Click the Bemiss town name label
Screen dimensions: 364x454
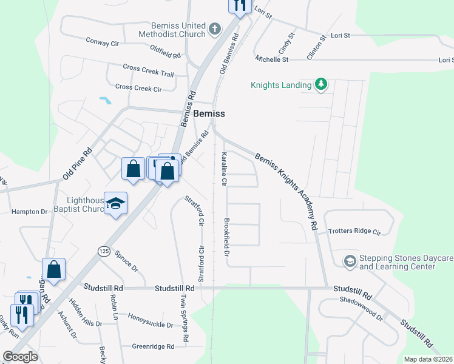click(x=209, y=113)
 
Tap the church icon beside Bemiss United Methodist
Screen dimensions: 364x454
click(x=214, y=29)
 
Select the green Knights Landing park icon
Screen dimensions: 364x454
click(x=321, y=85)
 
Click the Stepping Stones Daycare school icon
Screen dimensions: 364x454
click(x=350, y=261)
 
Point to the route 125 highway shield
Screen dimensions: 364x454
click(x=104, y=250)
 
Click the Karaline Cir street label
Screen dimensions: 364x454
click(x=223, y=169)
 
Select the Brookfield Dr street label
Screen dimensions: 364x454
click(x=226, y=237)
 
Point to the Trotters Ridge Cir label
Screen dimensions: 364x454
click(x=354, y=232)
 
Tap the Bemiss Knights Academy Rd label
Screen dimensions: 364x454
click(x=286, y=190)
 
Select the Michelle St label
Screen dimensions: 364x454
click(x=272, y=59)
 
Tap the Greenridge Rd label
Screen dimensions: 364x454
click(x=153, y=346)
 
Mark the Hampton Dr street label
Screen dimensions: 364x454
click(x=29, y=212)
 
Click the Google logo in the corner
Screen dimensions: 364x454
click(x=20, y=356)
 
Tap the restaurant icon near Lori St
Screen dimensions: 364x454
click(x=239, y=5)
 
